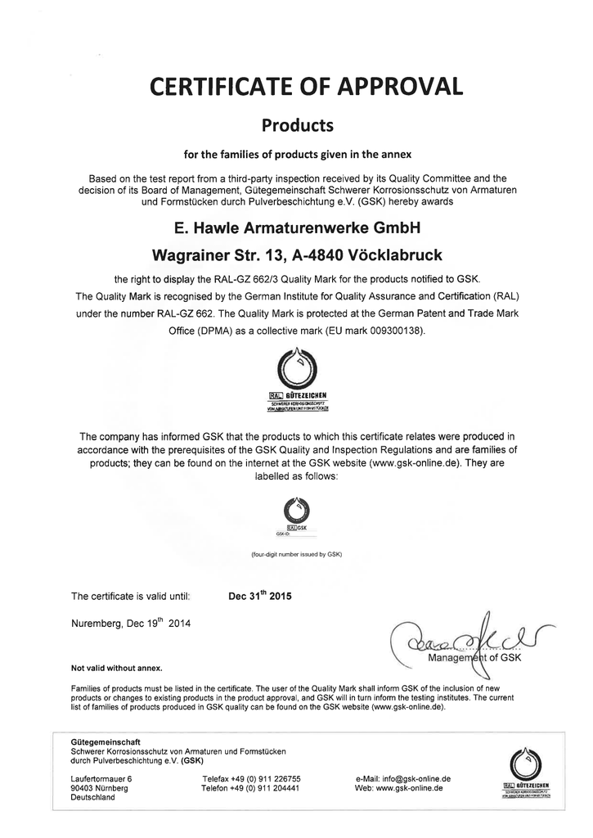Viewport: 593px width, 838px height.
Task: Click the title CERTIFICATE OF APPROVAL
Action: [x=296, y=86]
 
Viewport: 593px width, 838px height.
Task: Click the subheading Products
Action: [x=296, y=126]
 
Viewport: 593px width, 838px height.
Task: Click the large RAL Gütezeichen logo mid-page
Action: [x=297, y=376]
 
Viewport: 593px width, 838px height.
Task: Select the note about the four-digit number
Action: [x=296, y=554]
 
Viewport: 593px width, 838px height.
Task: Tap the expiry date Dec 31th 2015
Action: [x=259, y=596]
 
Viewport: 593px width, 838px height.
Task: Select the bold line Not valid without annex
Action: [x=117, y=667]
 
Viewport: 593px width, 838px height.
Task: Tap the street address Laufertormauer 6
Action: [x=101, y=777]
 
